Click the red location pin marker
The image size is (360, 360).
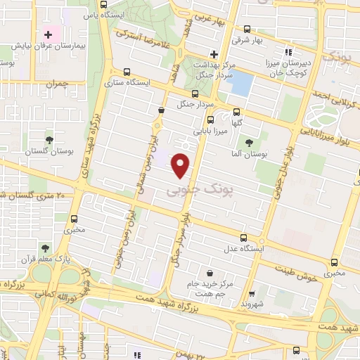click(182, 165)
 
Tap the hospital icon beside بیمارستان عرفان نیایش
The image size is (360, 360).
click(49, 34)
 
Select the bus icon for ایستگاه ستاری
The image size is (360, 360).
click(127, 71)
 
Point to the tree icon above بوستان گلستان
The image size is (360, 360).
click(49, 141)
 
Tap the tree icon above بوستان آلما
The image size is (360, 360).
click(249, 143)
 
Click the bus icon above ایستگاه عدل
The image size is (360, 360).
click(244, 238)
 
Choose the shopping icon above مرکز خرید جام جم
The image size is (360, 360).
click(210, 274)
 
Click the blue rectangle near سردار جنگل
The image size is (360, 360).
click(240, 84)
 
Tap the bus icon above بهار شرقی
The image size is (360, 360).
click(247, 30)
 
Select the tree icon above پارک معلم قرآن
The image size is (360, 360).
click(45, 248)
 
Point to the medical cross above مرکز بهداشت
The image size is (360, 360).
click(214, 54)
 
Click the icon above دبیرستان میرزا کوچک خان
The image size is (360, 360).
click(288, 51)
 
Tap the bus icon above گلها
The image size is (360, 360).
click(236, 110)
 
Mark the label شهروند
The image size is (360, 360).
click(251, 305)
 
